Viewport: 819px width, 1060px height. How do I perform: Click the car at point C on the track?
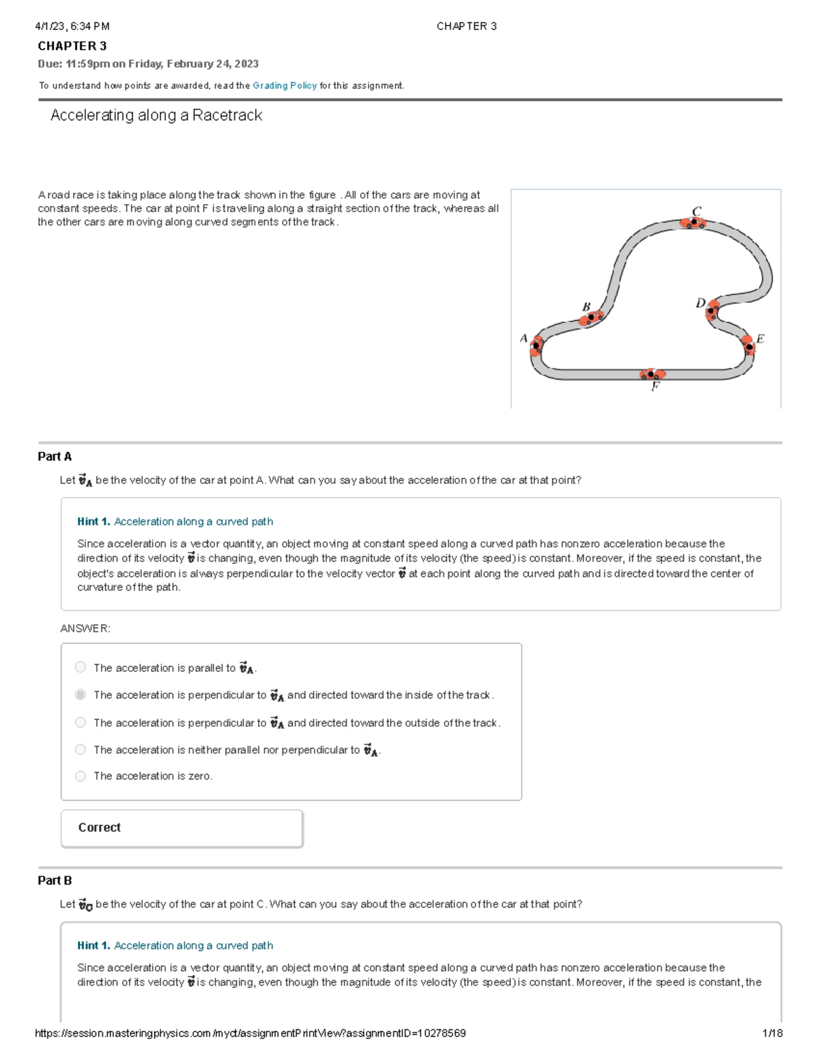[693, 223]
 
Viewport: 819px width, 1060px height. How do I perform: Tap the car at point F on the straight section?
[652, 374]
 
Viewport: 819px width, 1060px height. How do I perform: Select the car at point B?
[591, 317]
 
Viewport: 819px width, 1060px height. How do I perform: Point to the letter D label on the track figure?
[700, 302]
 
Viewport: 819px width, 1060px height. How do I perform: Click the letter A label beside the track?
[523, 338]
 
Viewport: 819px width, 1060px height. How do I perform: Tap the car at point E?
[749, 344]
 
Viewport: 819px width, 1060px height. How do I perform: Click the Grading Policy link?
[285, 85]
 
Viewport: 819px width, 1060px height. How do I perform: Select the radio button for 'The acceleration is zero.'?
[81, 776]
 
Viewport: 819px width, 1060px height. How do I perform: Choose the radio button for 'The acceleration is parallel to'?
[81, 667]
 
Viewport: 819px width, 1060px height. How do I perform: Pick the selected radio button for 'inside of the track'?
[81, 694]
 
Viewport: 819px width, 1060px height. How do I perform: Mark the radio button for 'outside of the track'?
[81, 722]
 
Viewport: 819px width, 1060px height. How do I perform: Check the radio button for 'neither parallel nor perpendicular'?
[81, 749]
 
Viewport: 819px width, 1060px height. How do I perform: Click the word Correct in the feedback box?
[99, 827]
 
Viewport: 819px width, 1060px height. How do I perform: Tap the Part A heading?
[55, 457]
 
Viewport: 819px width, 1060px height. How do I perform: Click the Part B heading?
[55, 880]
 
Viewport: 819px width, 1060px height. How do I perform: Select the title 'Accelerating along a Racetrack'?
[156, 115]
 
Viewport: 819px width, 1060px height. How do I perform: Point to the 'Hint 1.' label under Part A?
[94, 521]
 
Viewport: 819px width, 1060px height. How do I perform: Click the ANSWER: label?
[85, 629]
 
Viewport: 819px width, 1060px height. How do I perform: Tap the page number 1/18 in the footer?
[772, 1033]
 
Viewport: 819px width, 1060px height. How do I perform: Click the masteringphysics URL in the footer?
[250, 1033]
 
